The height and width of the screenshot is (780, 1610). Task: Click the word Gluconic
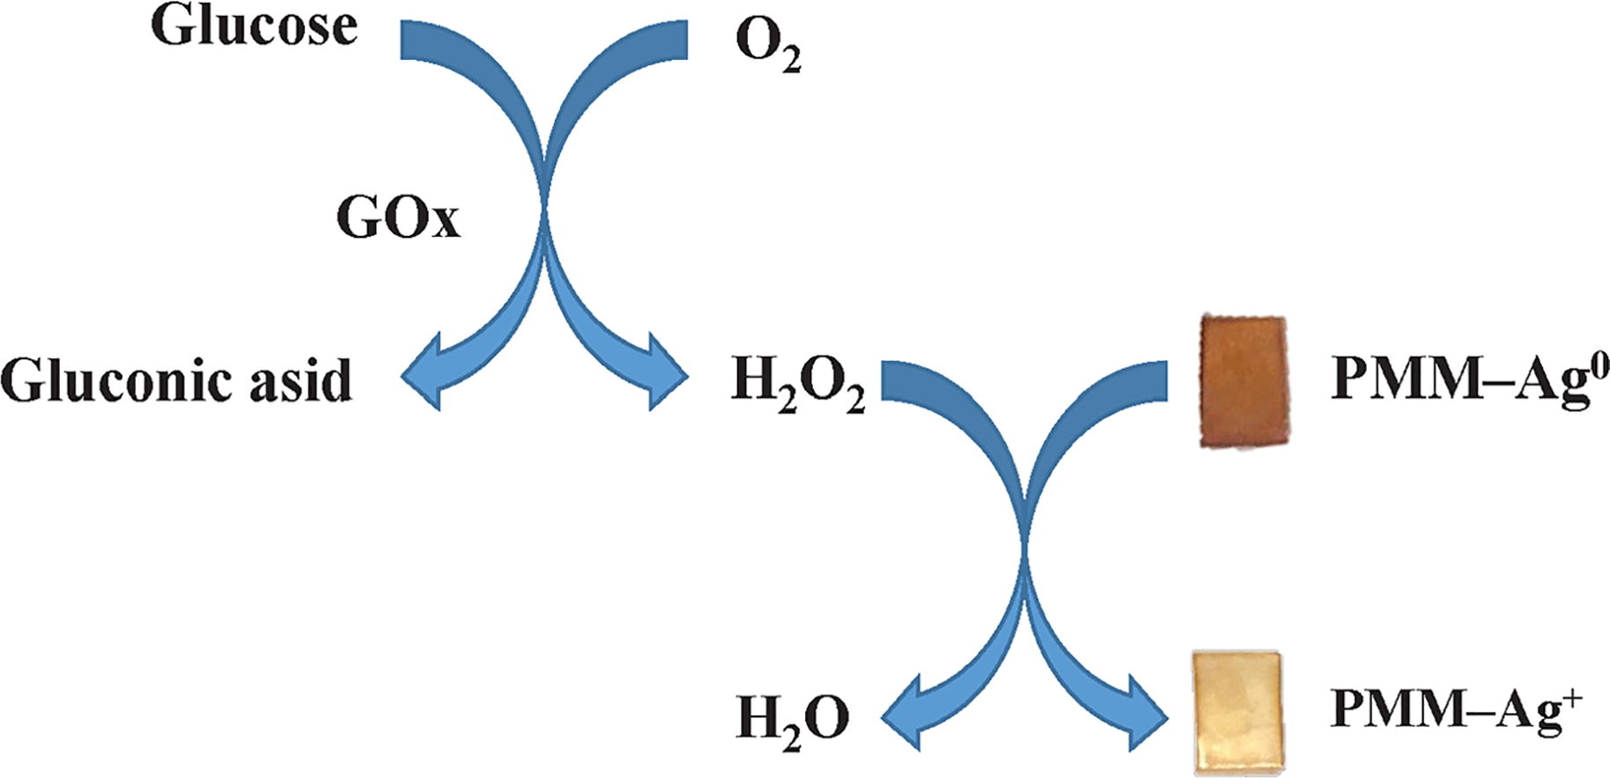coord(114,381)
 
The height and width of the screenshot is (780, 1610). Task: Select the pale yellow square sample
coord(1237,711)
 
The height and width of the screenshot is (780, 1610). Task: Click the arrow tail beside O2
coord(674,40)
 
